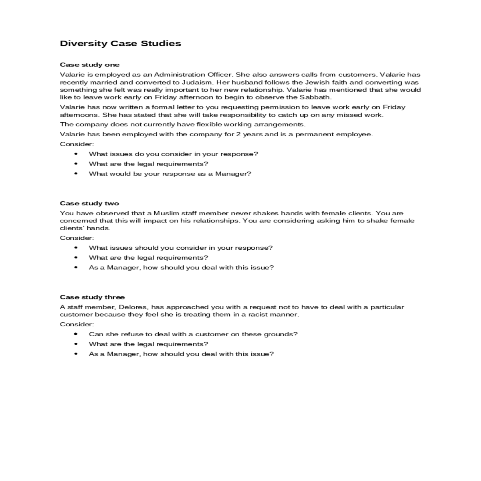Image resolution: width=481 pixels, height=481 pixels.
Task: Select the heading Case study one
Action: point(89,65)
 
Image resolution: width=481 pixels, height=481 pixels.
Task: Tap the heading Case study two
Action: point(89,203)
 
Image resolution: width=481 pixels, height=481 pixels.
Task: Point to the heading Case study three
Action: point(92,297)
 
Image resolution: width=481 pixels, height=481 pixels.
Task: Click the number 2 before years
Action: point(238,134)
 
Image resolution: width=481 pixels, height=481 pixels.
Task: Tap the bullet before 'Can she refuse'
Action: point(76,334)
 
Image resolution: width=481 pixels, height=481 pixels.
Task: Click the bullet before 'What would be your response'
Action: point(76,174)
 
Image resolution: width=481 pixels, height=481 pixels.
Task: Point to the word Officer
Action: point(220,75)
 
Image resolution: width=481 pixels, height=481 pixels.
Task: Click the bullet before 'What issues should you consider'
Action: point(76,248)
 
